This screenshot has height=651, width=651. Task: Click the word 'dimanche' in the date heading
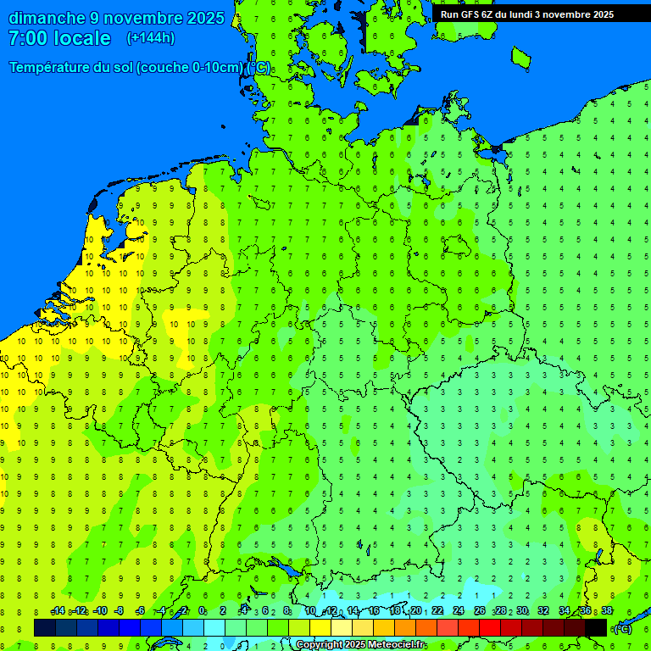tap(47, 18)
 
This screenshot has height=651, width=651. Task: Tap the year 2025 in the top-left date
tap(205, 18)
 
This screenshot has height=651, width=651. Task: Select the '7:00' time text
tap(27, 38)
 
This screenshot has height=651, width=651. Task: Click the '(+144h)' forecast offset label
tap(150, 38)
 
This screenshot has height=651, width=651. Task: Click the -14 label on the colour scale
tap(58, 611)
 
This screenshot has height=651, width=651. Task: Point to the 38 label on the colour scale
tap(607, 611)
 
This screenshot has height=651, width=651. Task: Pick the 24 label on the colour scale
tap(459, 611)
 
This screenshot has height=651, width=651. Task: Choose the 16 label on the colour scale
tap(374, 611)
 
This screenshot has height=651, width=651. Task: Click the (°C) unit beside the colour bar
tap(623, 628)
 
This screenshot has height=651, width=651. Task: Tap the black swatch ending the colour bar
tap(596, 627)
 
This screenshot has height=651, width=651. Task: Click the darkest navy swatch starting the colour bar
tap(45, 627)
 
